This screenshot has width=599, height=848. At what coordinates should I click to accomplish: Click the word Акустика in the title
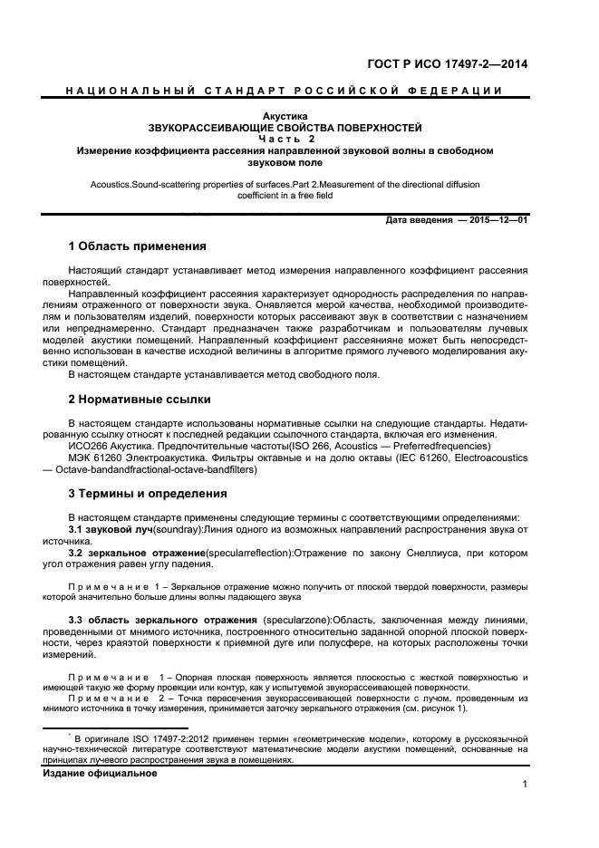tap(285, 117)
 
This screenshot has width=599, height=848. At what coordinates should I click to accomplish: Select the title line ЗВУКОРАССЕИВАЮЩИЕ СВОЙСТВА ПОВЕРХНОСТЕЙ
tap(285, 128)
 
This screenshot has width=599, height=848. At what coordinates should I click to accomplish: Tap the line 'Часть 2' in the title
tap(285, 139)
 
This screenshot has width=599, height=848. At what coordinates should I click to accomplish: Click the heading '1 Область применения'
tap(138, 246)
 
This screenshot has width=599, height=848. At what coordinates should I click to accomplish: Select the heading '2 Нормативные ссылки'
tap(140, 399)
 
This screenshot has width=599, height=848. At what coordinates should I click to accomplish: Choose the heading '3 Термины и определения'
tap(149, 494)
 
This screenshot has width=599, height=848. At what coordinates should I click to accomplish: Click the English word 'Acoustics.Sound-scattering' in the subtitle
tap(148, 184)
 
